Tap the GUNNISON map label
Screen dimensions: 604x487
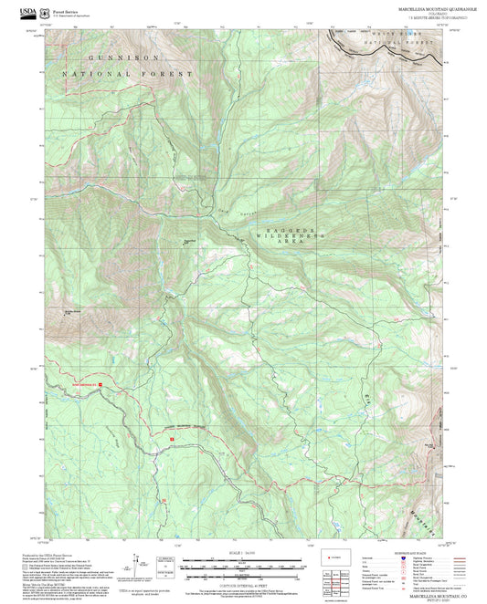(106, 57)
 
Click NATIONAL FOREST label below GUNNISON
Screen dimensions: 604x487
(128, 73)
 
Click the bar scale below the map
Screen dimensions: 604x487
(243, 567)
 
